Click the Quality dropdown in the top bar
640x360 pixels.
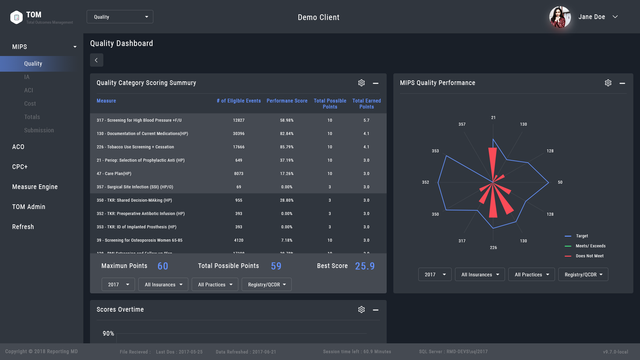coord(120,17)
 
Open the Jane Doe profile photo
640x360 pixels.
coord(560,17)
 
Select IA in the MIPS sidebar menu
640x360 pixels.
coord(27,77)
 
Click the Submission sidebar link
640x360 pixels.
coord(39,130)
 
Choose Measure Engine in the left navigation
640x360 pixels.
coord(35,187)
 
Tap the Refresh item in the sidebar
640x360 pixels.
coord(23,227)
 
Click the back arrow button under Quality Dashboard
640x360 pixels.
coord(96,60)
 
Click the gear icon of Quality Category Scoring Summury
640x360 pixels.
coord(361,83)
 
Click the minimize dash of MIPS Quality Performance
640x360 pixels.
coord(622,83)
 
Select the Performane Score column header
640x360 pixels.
coord(287,101)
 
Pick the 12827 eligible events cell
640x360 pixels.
coord(239,120)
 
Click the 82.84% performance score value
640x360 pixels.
coord(287,134)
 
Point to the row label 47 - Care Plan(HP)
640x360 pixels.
coord(114,174)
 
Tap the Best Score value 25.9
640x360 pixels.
coord(365,266)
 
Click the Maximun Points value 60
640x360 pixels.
coord(163,266)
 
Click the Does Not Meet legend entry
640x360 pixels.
coord(589,256)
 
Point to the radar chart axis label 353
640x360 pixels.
coord(435,151)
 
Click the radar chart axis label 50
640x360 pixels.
coord(560,182)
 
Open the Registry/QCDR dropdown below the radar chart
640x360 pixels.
coord(583,275)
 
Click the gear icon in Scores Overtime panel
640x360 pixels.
coord(361,310)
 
